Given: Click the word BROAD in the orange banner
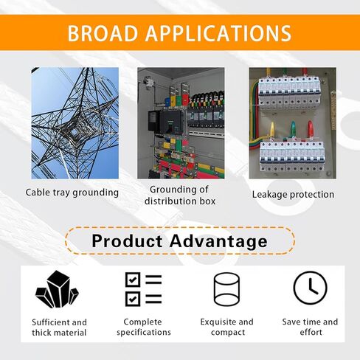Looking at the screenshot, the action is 103,33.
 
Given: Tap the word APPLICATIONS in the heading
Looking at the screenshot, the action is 218,33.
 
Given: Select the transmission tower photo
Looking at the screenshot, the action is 75,123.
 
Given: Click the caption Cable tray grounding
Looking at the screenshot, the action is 72,193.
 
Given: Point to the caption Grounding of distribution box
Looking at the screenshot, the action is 180,195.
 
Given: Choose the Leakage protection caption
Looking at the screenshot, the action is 293,195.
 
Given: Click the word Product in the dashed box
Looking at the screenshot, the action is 127,240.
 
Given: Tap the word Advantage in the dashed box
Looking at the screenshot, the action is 218,241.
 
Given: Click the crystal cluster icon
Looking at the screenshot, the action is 57,290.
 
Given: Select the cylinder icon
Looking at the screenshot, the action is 226,289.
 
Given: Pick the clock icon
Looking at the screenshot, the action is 311,288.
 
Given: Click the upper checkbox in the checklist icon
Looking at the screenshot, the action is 133,280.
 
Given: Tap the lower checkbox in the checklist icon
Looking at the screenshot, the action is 133,299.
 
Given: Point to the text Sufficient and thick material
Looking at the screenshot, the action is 59,328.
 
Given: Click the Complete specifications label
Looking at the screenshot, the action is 144,327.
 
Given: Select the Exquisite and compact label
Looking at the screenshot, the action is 226,327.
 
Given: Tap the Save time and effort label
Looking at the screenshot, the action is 310,327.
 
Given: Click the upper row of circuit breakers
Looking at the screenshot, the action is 289,93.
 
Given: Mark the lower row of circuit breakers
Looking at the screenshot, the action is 292,157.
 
